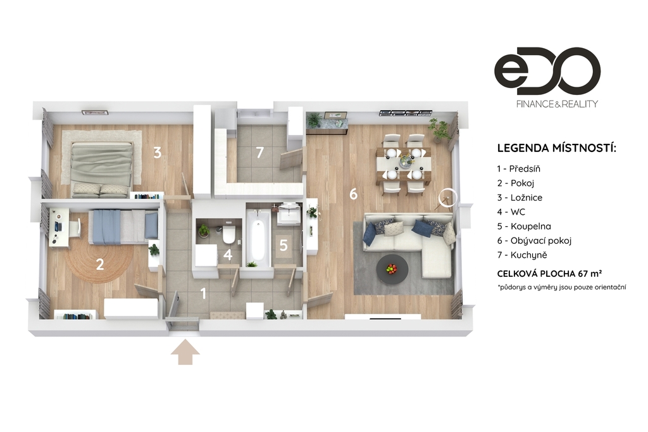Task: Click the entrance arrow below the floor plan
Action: click(185, 352)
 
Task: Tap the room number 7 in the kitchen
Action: click(259, 153)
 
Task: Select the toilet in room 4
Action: click(228, 234)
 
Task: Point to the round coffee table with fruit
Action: click(392, 269)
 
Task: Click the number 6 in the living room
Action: click(353, 194)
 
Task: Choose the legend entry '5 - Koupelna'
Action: click(524, 226)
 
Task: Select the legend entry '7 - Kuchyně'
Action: click(522, 255)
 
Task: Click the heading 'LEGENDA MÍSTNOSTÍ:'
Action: click(556, 148)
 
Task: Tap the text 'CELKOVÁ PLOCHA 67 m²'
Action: click(549, 274)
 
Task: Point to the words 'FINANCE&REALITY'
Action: click(557, 104)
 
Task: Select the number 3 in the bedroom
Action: click(158, 153)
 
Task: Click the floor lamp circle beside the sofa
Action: click(448, 198)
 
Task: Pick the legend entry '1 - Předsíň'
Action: click(519, 169)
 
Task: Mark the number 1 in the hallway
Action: click(203, 293)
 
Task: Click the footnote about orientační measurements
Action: click(562, 287)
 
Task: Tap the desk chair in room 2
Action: click(75, 227)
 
